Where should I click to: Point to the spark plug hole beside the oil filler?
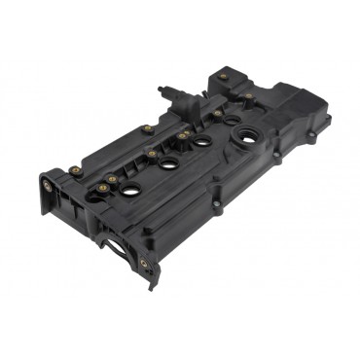click(203, 139)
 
